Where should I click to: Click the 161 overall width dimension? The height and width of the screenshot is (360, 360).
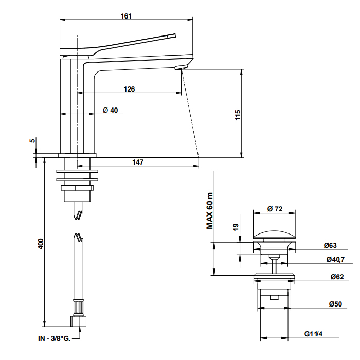[x=126, y=16]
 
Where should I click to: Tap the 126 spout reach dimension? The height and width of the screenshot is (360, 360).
[x=129, y=89]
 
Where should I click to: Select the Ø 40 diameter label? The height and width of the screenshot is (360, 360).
[x=111, y=110]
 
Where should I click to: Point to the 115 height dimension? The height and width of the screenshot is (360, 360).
[x=237, y=114]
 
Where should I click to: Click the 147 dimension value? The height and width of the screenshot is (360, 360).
[x=137, y=162]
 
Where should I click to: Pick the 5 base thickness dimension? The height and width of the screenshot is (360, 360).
[x=32, y=141]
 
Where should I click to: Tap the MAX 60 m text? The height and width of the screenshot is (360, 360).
[x=210, y=211]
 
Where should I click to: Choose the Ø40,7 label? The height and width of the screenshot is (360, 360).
[x=335, y=259]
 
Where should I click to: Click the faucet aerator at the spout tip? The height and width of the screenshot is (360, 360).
[x=181, y=67]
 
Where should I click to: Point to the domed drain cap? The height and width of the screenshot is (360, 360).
[x=275, y=235]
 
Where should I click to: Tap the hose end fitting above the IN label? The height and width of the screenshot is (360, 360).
[x=79, y=321]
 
